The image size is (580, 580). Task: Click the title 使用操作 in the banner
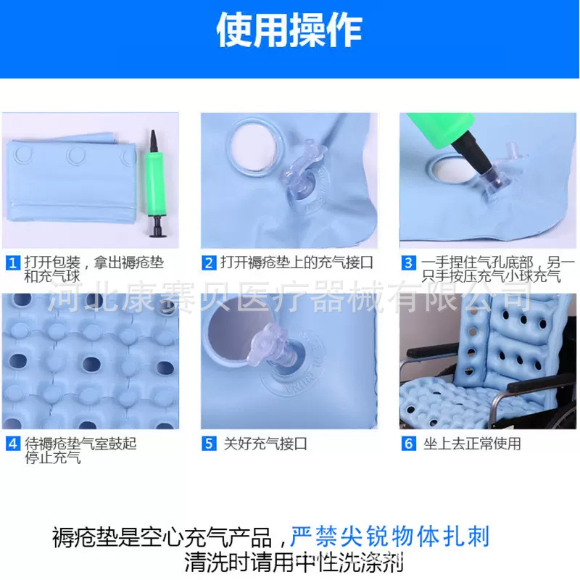pos(289,30)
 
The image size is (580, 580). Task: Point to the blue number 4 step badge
pos(12,444)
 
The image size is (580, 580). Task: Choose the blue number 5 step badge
pos(209,444)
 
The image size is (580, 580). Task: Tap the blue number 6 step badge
pos(409,444)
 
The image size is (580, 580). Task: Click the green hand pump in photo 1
pos(154,181)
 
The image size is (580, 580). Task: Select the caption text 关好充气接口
pos(265,444)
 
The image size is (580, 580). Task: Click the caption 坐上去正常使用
pos(472,444)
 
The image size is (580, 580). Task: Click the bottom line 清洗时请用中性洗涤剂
pos(294,561)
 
